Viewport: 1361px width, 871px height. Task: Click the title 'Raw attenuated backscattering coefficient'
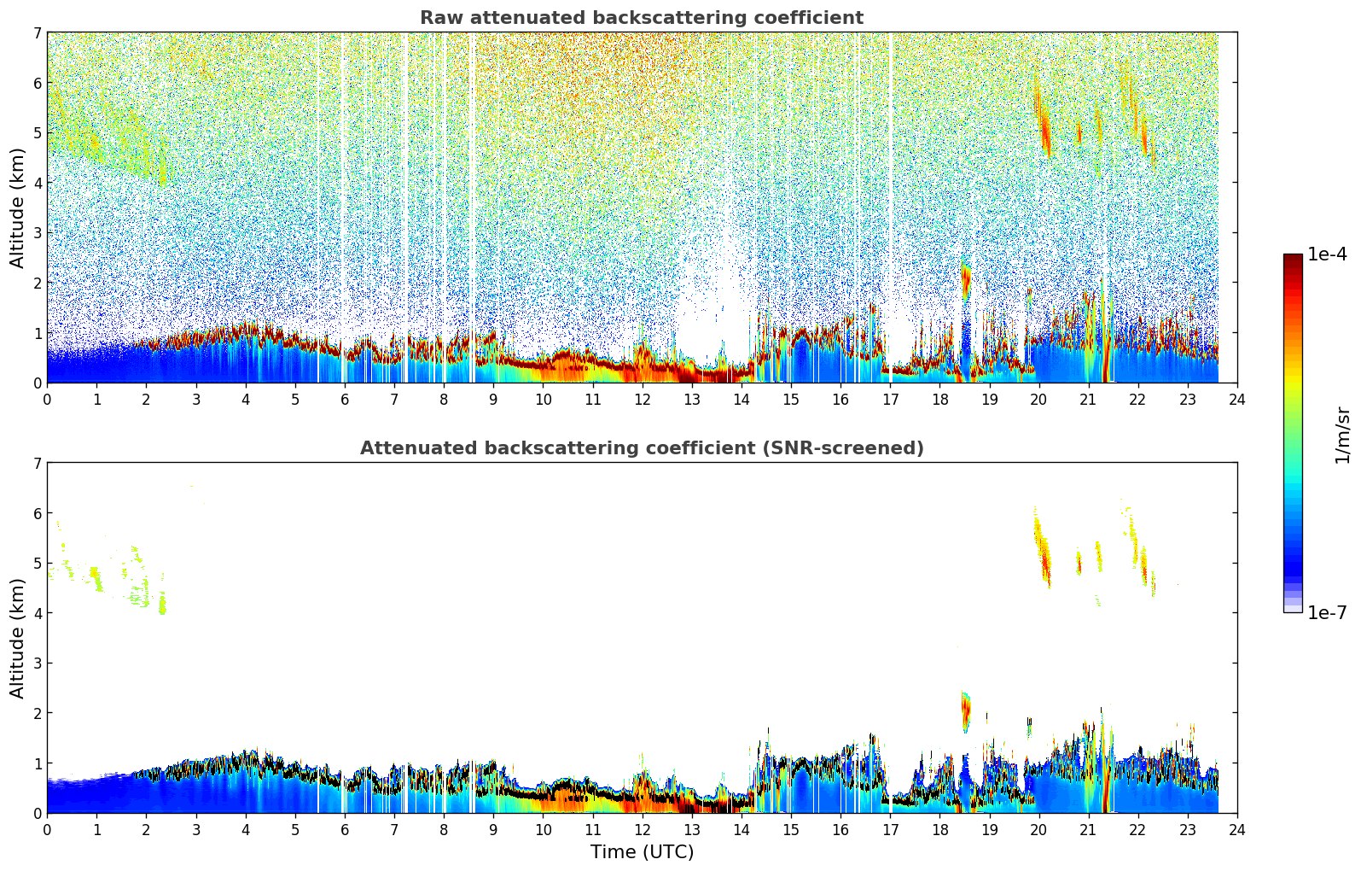point(641,18)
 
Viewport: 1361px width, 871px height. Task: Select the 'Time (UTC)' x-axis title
point(642,852)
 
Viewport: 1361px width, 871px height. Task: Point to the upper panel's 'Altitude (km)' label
point(17,208)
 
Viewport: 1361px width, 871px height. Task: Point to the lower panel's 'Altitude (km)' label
point(17,638)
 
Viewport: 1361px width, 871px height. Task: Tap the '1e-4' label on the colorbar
point(1327,254)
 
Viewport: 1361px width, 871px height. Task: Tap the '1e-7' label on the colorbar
point(1327,612)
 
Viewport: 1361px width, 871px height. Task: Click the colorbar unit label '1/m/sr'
point(1342,434)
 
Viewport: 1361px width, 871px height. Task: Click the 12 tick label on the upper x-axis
point(642,399)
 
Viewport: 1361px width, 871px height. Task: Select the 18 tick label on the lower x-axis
point(939,829)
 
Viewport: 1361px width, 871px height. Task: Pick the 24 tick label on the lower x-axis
point(1237,829)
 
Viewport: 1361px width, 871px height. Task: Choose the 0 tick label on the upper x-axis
point(47,399)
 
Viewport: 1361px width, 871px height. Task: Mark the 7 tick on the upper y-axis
point(37,32)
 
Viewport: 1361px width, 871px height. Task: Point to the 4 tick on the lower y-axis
point(37,613)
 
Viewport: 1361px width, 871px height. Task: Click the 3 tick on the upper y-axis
point(37,232)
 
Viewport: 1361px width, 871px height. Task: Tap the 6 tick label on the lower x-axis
point(345,829)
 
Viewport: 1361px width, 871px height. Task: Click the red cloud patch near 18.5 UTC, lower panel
point(966,709)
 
